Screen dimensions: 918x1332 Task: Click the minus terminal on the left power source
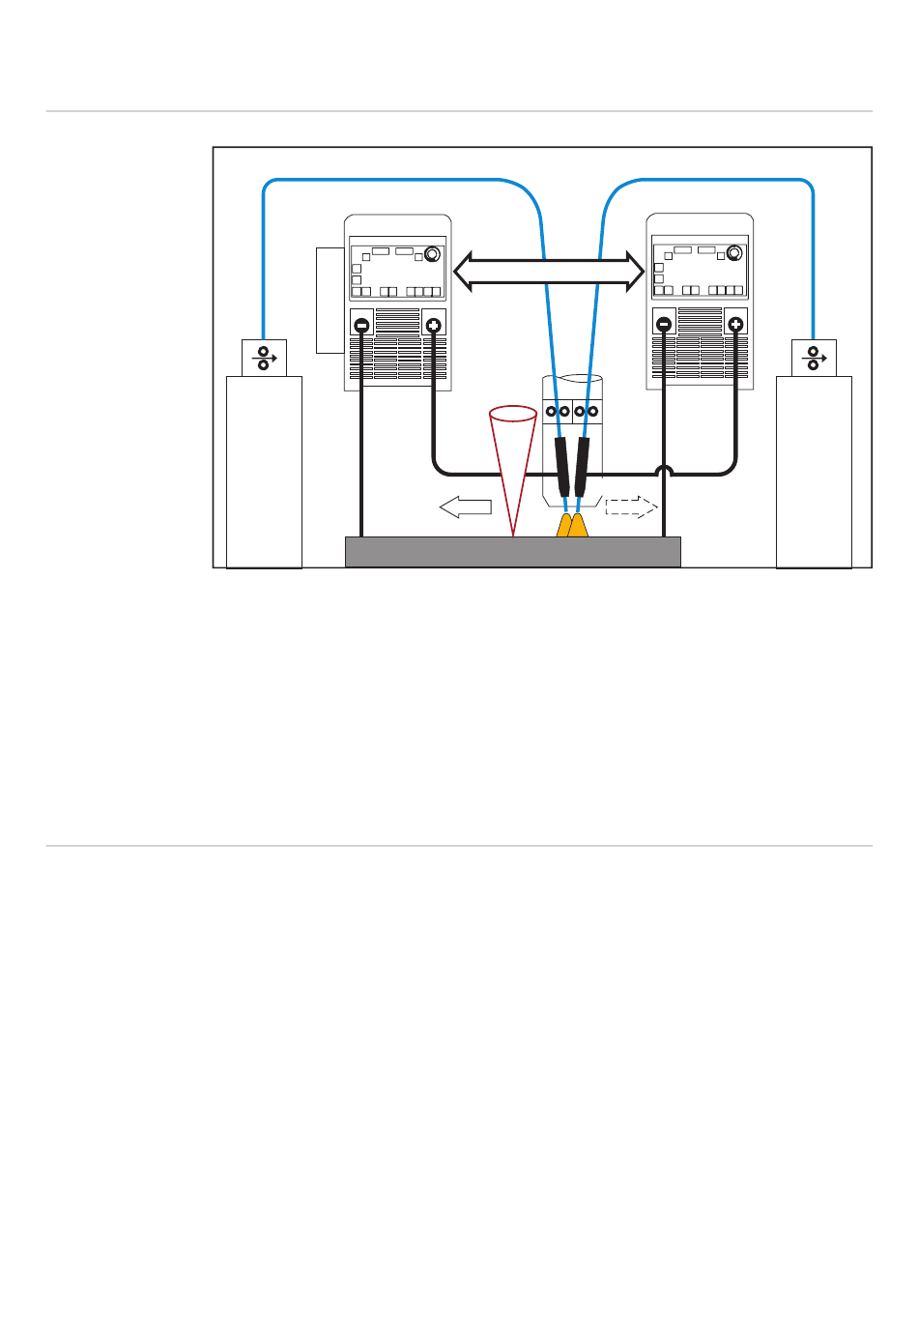pyautogui.click(x=361, y=326)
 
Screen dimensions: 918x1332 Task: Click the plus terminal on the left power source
pyautogui.click(x=434, y=326)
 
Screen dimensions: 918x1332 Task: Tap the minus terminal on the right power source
pyautogui.click(x=664, y=325)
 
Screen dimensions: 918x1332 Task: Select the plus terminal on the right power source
pyautogui.click(x=735, y=325)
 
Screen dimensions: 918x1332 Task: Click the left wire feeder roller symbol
pyautogui.click(x=264, y=359)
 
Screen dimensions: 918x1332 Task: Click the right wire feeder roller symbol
pyautogui.click(x=814, y=359)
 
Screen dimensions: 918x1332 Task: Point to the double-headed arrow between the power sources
pyautogui.click(x=549, y=272)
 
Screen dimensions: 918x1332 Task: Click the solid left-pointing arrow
pyautogui.click(x=466, y=507)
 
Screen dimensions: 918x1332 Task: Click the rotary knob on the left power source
pyautogui.click(x=432, y=254)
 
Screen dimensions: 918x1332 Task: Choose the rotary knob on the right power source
pyautogui.click(x=734, y=253)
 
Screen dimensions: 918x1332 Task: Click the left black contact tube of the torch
pyautogui.click(x=562, y=467)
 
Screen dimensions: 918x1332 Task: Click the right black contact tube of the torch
pyautogui.click(x=583, y=467)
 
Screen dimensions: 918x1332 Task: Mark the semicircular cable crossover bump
pyautogui.click(x=664, y=472)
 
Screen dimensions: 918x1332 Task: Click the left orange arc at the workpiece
pyautogui.click(x=564, y=527)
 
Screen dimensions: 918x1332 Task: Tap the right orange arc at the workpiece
pyautogui.click(x=578, y=527)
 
